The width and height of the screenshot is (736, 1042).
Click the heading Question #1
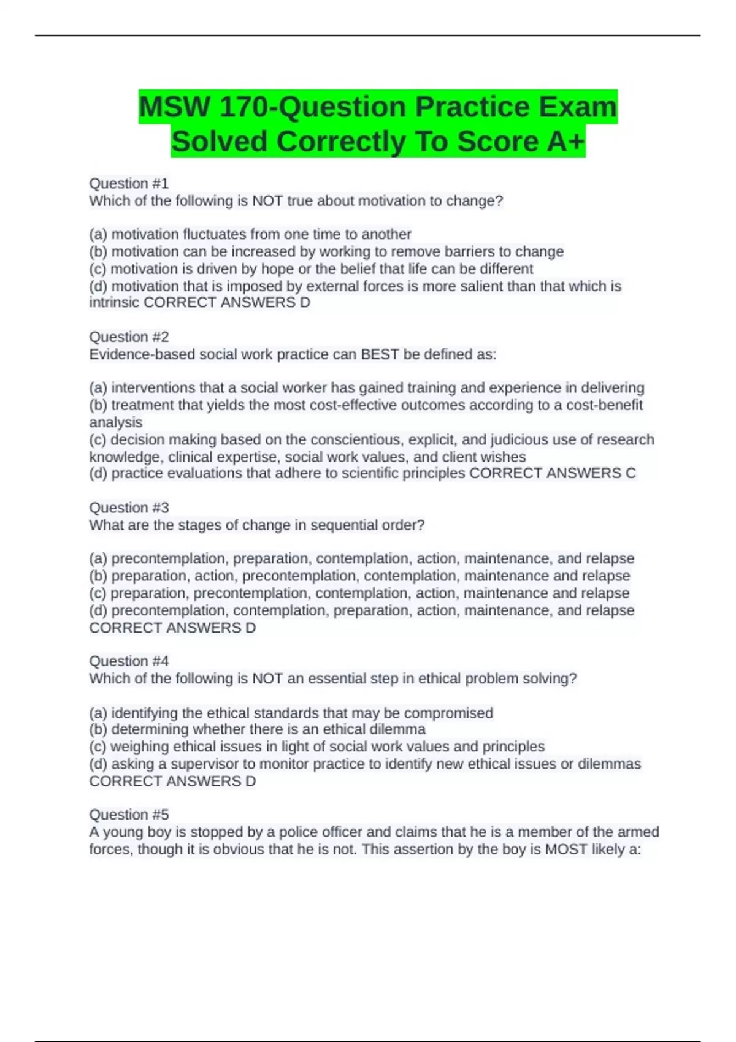click(129, 183)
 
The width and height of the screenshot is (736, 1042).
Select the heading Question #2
click(129, 337)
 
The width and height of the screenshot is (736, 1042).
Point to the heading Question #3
click(129, 508)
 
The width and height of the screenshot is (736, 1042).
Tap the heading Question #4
click(129, 661)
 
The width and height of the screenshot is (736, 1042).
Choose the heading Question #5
click(129, 815)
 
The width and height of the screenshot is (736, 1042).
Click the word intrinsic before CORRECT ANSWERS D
click(114, 303)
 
